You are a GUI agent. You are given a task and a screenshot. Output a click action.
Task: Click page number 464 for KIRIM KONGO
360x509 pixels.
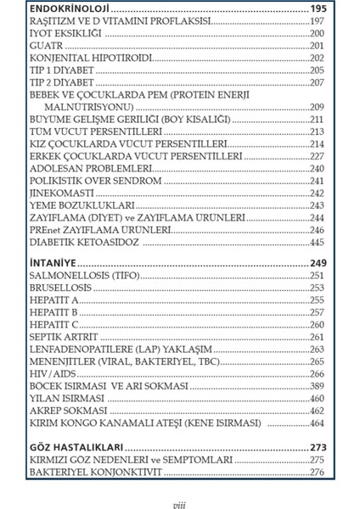point(316,422)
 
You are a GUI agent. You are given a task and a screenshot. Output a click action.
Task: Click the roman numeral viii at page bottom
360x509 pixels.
point(178,503)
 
